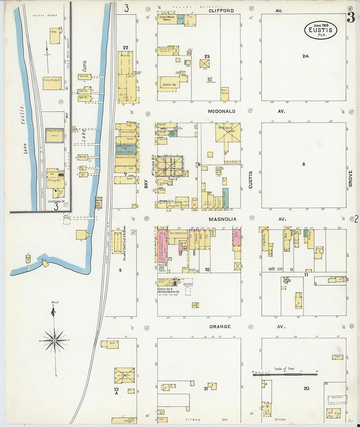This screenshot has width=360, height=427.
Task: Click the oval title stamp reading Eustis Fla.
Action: point(320,30)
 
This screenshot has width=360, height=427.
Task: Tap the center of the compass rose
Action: point(55,341)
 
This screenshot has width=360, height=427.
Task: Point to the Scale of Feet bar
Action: point(285,374)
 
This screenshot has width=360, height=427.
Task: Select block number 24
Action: point(305,56)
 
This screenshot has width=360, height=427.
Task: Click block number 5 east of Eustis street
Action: point(303,164)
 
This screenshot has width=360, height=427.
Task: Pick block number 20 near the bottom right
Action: point(306,388)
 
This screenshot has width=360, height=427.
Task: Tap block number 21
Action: point(206,389)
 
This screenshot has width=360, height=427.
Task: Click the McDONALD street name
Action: point(222,111)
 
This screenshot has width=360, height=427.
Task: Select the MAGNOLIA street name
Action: point(222,219)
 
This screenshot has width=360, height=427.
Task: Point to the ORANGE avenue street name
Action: point(220,327)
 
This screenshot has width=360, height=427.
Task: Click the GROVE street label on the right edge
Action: point(350,179)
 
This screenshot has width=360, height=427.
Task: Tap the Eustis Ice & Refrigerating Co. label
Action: point(168,290)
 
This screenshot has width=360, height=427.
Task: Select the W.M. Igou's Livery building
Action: point(228,133)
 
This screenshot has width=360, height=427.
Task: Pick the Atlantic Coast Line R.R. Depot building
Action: point(117,242)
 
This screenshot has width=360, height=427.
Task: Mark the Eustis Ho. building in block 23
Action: point(169,84)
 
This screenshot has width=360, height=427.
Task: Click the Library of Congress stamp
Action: point(337,400)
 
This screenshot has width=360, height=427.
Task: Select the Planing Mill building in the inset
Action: point(54,180)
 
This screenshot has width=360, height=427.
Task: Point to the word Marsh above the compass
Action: point(55,302)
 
